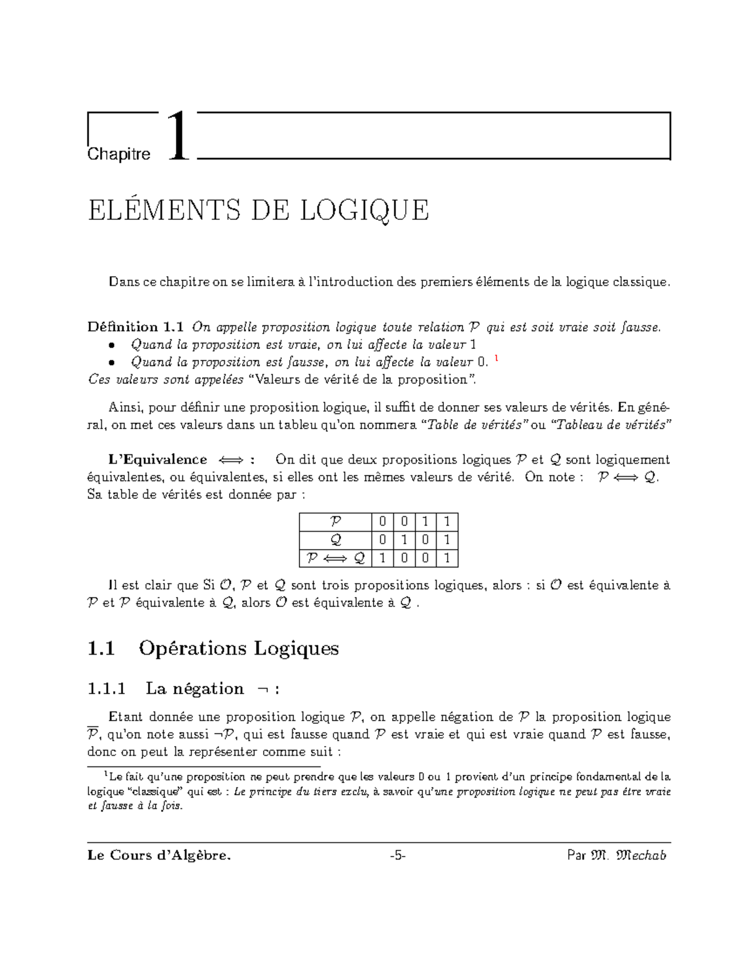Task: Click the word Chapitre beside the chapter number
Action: pos(119,154)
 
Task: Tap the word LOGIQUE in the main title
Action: pos(364,210)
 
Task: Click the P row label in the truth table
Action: pos(335,522)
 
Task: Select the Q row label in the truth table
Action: pos(335,540)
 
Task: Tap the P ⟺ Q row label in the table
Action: pos(335,558)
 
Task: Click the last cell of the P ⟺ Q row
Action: pos(447,558)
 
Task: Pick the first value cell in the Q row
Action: pos(383,540)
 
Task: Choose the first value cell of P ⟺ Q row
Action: pos(383,558)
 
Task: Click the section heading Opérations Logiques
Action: pos(238,648)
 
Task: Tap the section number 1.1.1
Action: pos(107,689)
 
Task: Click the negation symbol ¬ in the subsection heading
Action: pos(261,689)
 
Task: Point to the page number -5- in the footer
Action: pos(398,855)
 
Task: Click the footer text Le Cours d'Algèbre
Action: pos(159,855)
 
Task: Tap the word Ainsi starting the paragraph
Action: pos(125,407)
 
